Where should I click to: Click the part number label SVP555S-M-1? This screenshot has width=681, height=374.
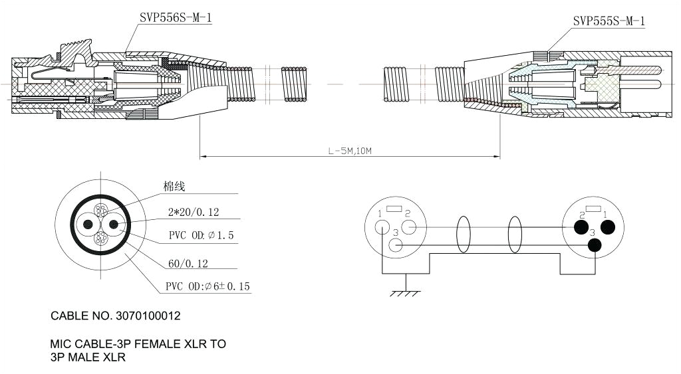click(609, 21)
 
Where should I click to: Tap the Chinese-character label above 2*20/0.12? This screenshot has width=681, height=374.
click(174, 187)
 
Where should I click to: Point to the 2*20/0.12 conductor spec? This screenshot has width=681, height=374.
click(194, 213)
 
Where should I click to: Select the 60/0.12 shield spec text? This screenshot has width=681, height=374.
click(188, 264)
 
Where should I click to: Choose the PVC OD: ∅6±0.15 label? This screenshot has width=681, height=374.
click(208, 287)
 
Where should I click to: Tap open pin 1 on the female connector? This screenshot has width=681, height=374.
click(382, 227)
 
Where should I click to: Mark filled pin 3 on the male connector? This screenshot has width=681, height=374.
click(594, 245)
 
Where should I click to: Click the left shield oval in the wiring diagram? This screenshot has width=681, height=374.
click(463, 236)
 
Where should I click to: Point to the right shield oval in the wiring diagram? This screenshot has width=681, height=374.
click(515, 236)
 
